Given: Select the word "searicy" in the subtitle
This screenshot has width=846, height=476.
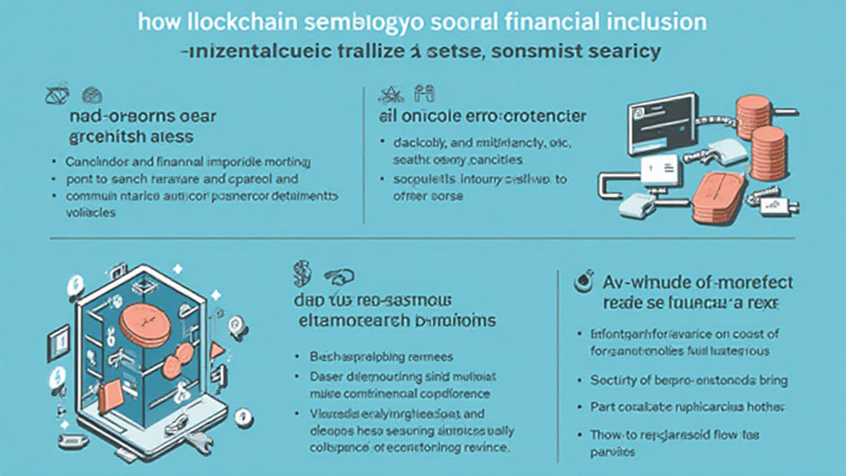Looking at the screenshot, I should point(620,51).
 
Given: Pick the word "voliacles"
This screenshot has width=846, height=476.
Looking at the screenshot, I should point(91,212).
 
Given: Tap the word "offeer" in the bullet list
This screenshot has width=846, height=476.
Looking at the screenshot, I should point(407,196).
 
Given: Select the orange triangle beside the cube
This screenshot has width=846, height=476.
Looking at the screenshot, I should point(217,350).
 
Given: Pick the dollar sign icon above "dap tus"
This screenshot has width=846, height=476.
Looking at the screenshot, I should point(301,270).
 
